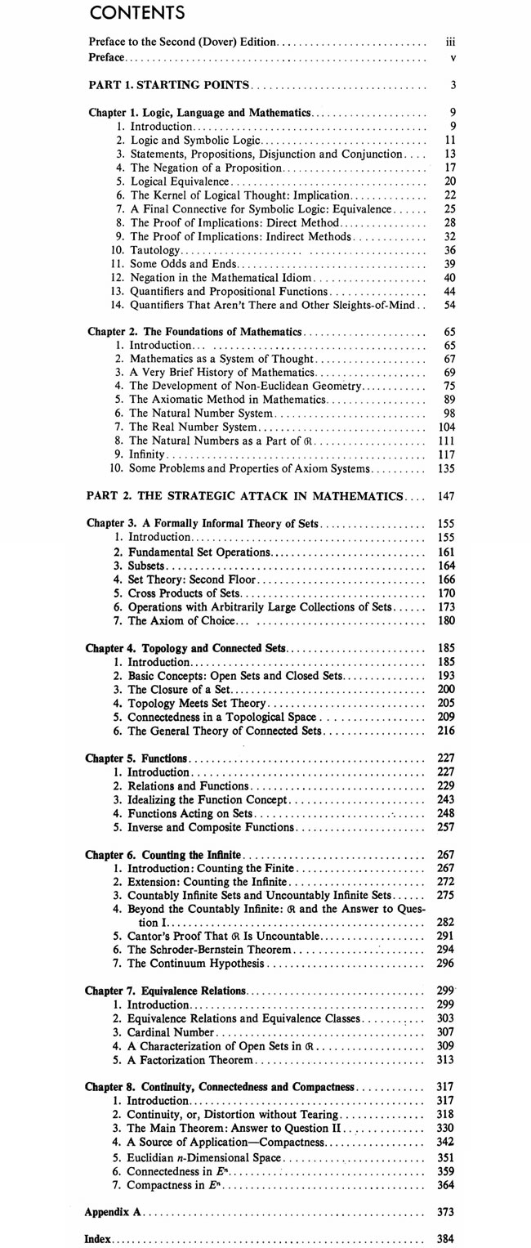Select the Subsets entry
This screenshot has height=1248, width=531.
click(147, 566)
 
